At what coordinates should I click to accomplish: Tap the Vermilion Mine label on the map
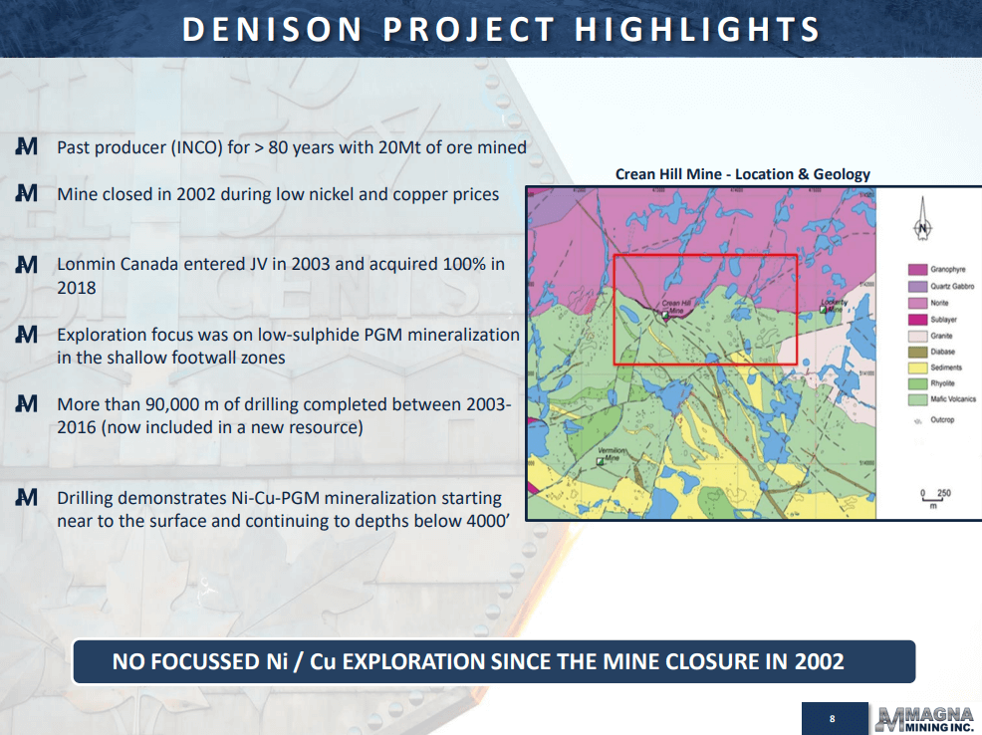(x=612, y=455)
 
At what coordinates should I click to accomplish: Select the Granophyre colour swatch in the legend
(x=917, y=270)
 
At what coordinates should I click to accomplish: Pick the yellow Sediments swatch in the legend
(x=917, y=367)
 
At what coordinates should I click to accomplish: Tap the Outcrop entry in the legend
(x=941, y=420)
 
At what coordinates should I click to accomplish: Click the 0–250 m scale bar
(x=935, y=499)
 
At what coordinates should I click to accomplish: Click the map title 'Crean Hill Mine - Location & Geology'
(x=742, y=174)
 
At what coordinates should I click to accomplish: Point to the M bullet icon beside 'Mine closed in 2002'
(x=27, y=193)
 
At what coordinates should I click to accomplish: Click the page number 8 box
(x=831, y=718)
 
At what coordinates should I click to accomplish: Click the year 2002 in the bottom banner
(x=819, y=661)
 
